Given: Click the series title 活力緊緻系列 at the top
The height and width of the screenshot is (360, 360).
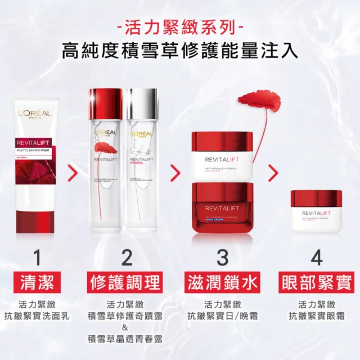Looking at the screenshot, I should pyautogui.click(x=180, y=26).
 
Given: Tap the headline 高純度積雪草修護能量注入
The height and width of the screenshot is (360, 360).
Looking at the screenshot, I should pyautogui.click(x=180, y=51).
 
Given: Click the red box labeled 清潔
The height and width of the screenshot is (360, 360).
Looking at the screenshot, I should pyautogui.click(x=37, y=283).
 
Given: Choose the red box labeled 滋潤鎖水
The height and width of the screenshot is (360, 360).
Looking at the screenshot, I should pyautogui.click(x=222, y=283).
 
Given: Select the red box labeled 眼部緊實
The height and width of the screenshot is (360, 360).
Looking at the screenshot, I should pyautogui.click(x=316, y=283).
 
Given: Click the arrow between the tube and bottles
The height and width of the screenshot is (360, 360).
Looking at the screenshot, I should pyautogui.click(x=72, y=173).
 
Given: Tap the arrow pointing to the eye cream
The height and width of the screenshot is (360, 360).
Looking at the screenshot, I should pyautogui.click(x=273, y=173).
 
